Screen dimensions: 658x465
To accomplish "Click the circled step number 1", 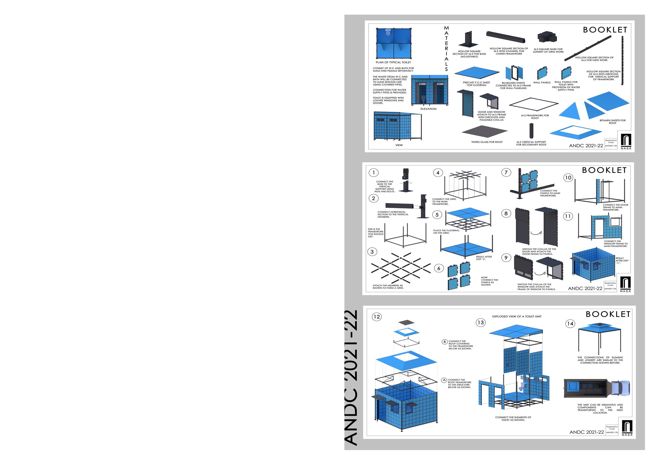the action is point(373,172).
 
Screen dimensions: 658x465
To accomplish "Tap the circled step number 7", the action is point(506,172).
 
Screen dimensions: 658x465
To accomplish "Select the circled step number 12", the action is point(377,317).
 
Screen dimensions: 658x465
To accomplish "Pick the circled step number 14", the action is point(570,324).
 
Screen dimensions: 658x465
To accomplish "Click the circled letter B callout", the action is point(445,342).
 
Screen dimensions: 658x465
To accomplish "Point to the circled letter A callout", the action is point(444,380).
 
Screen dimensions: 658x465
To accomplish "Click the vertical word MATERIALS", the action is point(446,48).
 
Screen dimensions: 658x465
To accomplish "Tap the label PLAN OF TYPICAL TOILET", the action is point(393,62).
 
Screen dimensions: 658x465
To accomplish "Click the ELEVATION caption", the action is point(428,109).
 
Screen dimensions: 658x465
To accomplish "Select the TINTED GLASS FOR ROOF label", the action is point(487,142).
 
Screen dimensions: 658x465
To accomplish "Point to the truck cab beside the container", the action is point(621,388).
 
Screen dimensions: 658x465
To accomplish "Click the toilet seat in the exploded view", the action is point(522,387).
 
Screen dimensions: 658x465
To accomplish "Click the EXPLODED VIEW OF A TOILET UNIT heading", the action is point(517,317).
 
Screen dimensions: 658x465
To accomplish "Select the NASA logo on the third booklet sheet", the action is point(627,428).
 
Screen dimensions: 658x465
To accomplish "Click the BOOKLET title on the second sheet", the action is point(604,170).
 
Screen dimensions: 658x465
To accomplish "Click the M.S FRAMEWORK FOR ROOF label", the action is point(535,117).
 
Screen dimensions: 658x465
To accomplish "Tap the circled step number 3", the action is point(372,252).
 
